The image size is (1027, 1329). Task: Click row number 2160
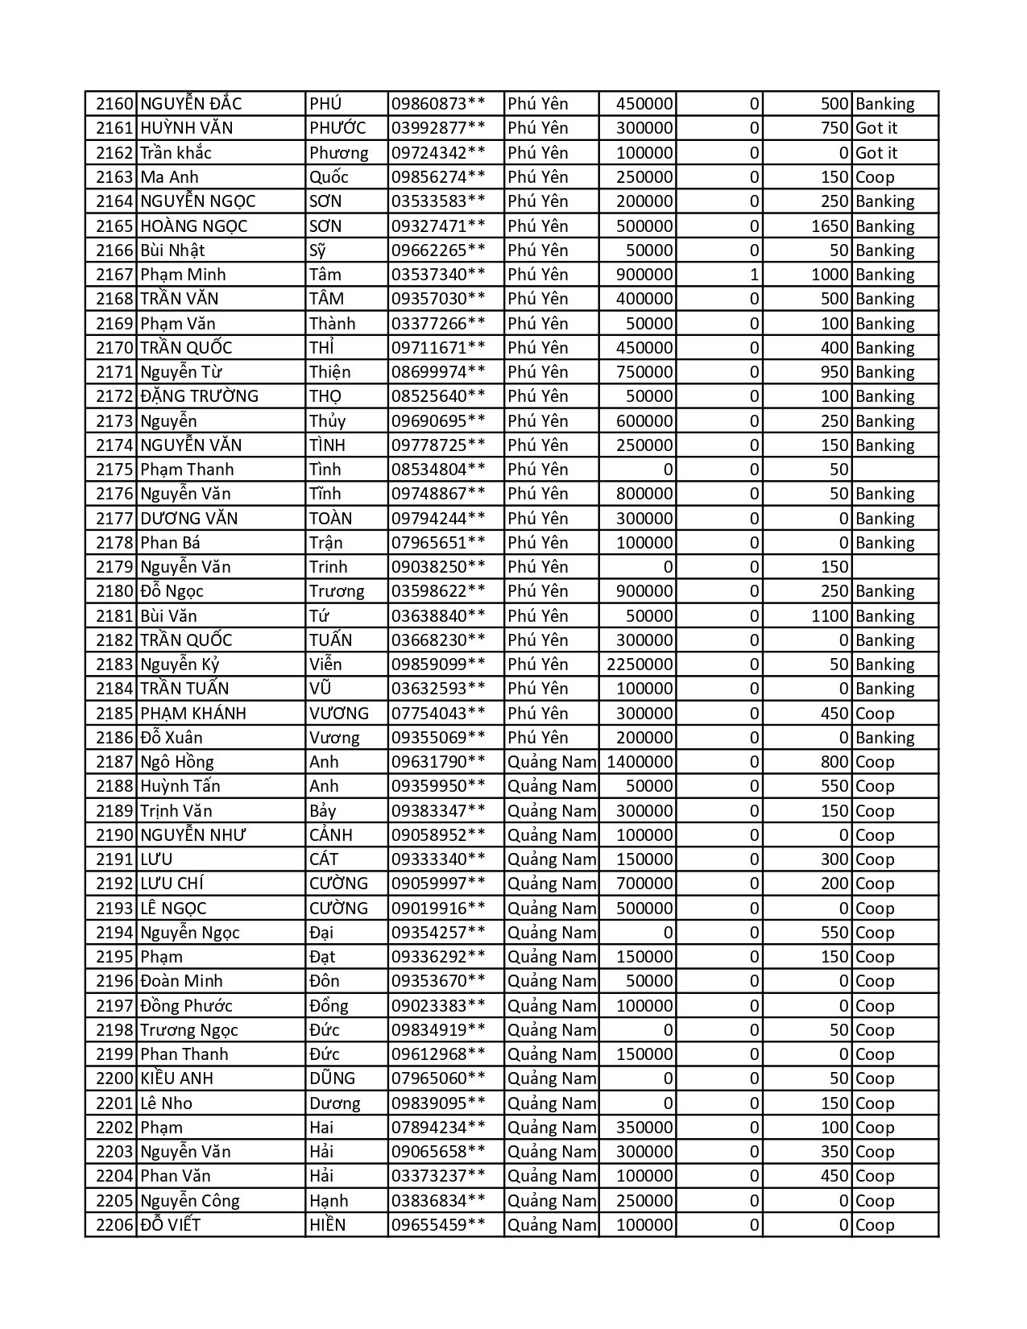point(113,104)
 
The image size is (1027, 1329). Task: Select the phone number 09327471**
point(438,226)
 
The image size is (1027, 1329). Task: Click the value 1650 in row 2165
point(830,226)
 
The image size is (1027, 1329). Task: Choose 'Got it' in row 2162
point(876,153)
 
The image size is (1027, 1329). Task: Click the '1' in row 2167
point(754,275)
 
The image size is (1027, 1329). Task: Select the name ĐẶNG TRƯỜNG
point(199,396)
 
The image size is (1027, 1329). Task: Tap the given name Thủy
point(327,421)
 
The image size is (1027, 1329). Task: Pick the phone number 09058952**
point(438,835)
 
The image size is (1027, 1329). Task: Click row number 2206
point(113,1225)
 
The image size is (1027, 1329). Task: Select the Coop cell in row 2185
point(875,714)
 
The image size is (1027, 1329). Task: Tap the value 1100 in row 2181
point(830,616)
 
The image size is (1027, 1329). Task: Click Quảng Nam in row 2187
point(552,762)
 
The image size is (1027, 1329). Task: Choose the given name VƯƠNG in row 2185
point(338,714)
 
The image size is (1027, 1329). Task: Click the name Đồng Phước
point(186,1006)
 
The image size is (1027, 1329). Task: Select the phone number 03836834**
point(438,1201)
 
